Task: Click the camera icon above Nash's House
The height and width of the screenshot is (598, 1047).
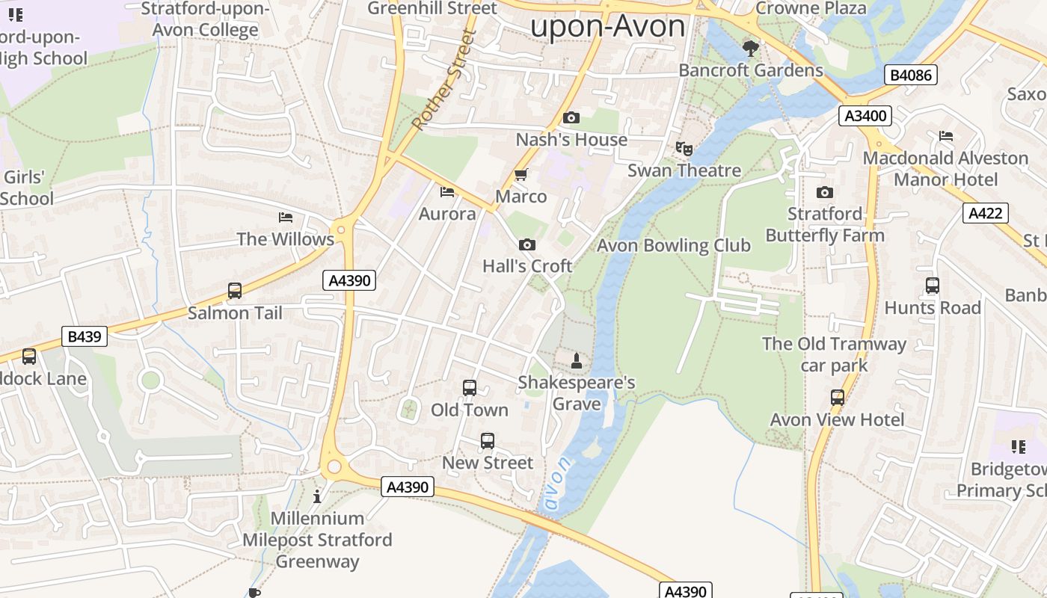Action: coord(571,118)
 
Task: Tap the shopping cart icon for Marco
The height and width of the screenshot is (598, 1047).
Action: coord(521,175)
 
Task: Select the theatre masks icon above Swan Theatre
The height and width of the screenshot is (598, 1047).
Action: coord(684,149)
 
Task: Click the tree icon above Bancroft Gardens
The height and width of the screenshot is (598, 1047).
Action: coord(751,49)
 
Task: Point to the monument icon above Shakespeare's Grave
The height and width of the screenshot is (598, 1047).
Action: coord(577,362)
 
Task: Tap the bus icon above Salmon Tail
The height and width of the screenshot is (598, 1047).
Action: coord(235,291)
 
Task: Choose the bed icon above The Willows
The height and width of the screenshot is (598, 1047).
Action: coord(285,218)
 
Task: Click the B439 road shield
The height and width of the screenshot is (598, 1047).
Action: coord(85,336)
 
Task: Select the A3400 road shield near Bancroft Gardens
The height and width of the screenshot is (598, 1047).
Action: coord(865,115)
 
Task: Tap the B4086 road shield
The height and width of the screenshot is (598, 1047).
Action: coord(910,75)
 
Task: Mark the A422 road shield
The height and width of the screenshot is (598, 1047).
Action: coord(985,213)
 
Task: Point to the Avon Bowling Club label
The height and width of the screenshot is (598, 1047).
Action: coord(673,245)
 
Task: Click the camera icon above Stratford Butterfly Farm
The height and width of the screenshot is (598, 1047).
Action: coord(825,192)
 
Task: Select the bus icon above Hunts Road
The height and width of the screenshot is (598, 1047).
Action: coord(932,286)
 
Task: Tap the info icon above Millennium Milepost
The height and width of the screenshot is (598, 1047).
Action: coord(317,496)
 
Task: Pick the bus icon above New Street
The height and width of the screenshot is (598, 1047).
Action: coord(488,441)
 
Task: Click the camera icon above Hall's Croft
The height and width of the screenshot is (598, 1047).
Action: coord(527,244)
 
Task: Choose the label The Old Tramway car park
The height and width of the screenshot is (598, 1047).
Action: coord(834,354)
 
